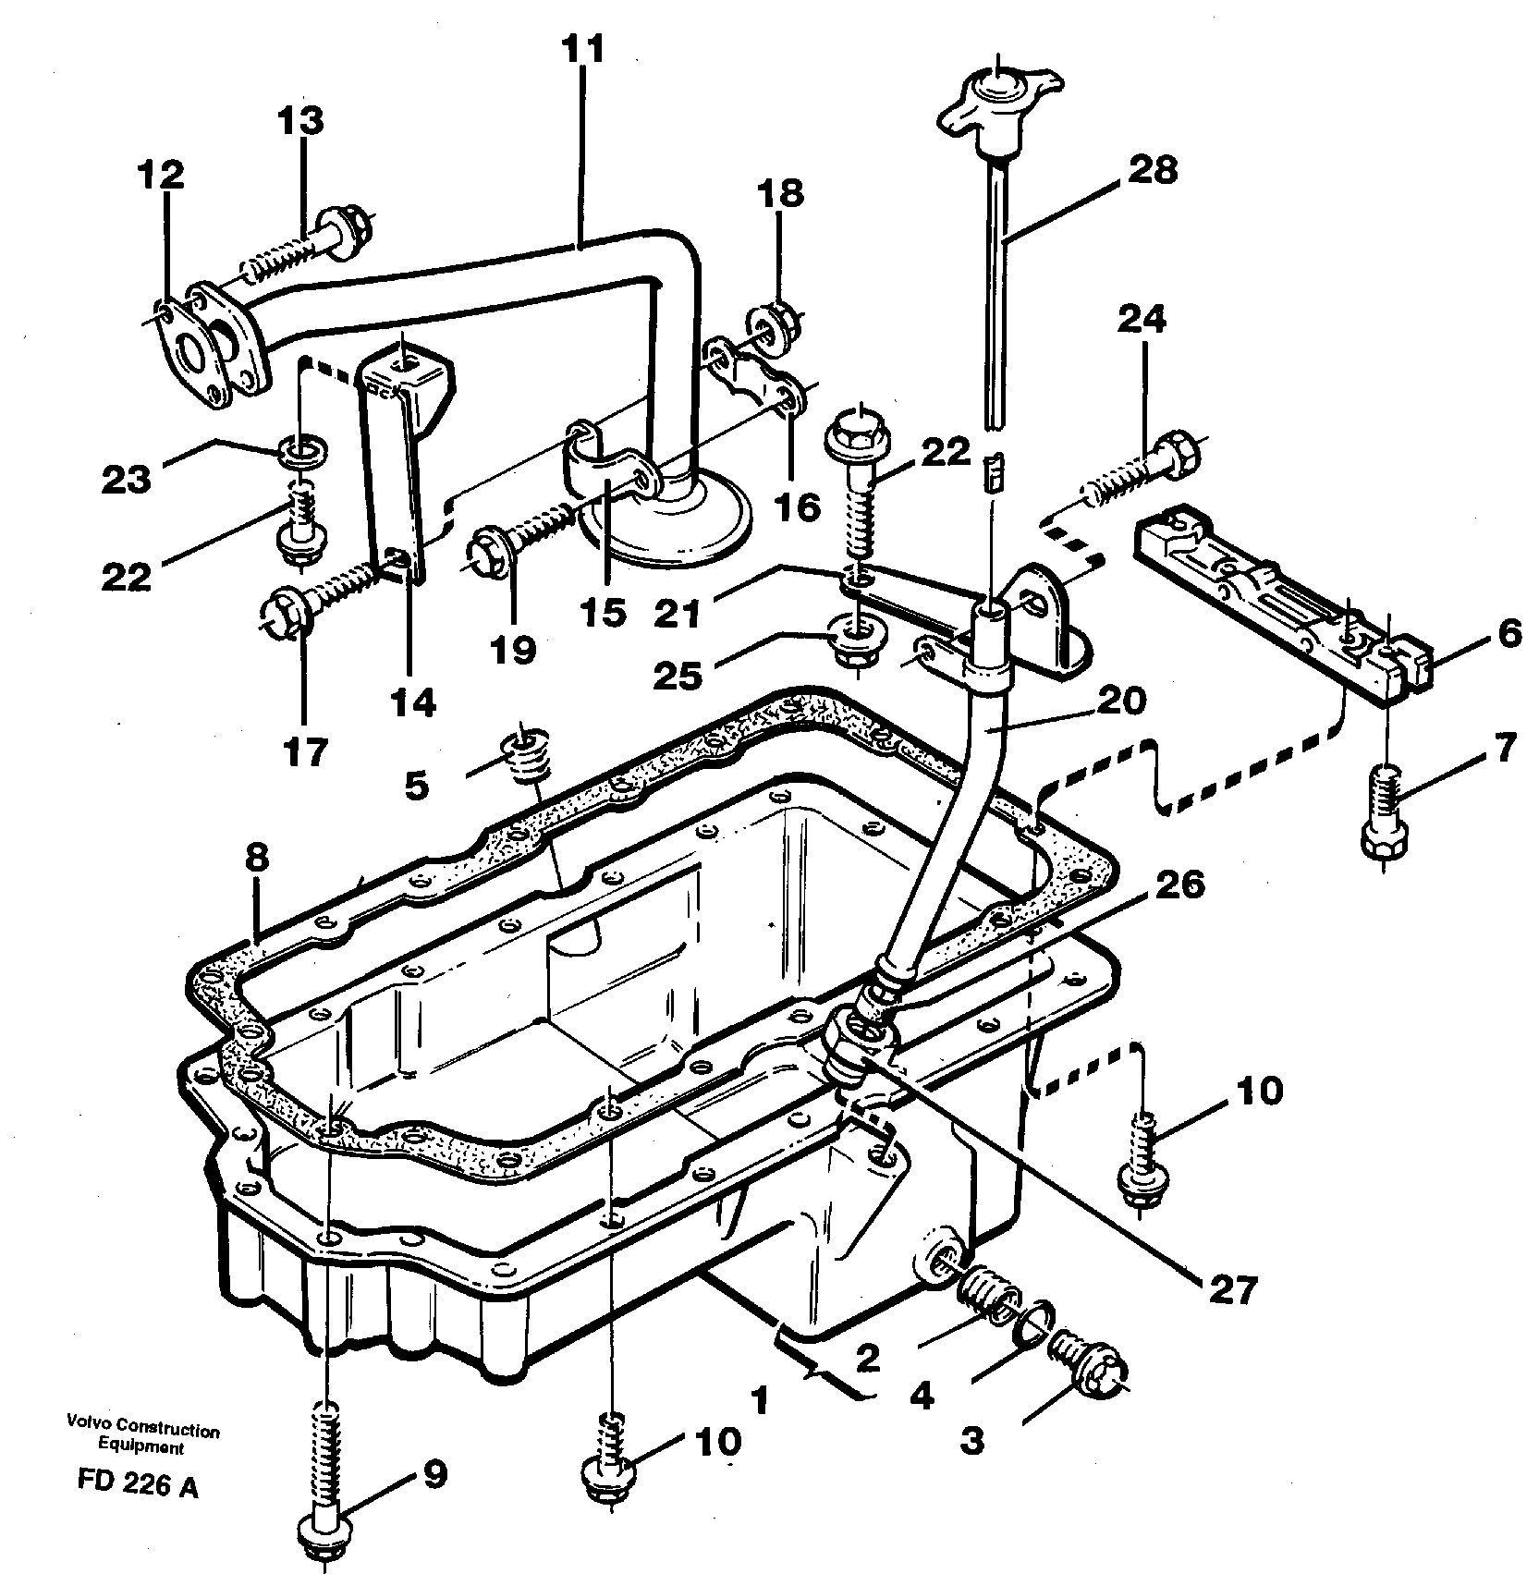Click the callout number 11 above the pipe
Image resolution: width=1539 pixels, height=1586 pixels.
tap(584, 49)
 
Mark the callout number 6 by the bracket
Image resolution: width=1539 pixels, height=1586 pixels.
tap(1508, 635)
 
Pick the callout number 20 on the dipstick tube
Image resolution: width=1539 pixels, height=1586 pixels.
tap(1121, 700)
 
